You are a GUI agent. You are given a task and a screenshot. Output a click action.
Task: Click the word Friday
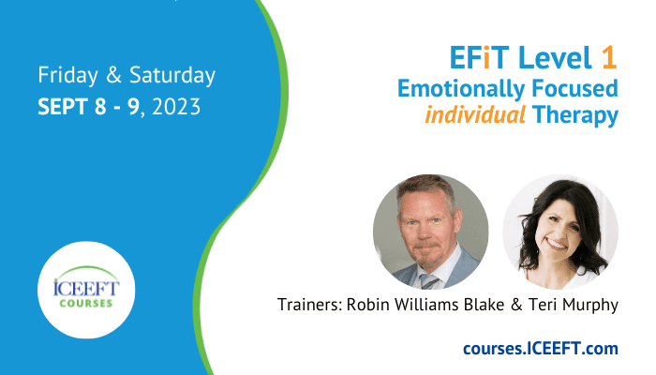(68, 75)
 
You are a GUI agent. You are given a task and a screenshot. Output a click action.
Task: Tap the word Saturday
(172, 75)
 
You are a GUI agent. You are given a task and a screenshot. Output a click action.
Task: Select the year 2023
(176, 107)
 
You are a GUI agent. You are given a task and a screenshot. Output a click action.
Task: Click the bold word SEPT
(63, 107)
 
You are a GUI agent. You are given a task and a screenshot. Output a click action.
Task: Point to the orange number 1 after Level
(609, 58)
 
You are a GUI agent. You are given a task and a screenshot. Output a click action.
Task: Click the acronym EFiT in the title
(479, 58)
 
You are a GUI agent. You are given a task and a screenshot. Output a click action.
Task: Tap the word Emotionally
(461, 89)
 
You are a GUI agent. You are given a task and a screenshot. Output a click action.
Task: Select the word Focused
(574, 88)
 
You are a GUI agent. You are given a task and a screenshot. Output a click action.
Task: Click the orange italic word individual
(475, 114)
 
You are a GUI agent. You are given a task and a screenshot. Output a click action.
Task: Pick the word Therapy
(575, 115)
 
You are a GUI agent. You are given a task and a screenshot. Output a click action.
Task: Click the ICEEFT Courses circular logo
(86, 290)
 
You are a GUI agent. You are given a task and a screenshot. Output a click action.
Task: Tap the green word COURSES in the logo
(86, 303)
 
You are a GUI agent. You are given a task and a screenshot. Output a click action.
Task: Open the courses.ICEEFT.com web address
(541, 348)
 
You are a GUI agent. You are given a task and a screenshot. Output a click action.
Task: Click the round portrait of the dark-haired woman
(560, 232)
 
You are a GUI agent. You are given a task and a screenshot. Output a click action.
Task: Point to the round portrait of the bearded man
(431, 232)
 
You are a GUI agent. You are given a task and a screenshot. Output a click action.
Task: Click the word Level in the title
(555, 58)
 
